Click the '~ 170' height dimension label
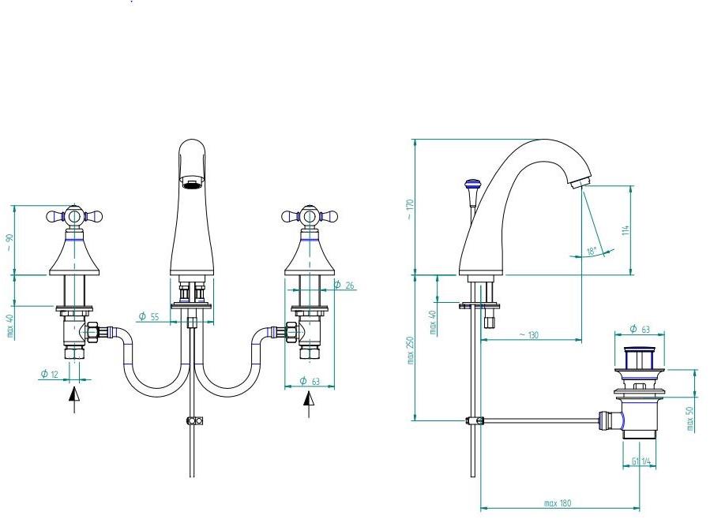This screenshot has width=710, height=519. [410, 209]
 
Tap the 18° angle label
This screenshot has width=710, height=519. [592, 251]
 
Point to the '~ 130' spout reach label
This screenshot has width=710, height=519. [529, 335]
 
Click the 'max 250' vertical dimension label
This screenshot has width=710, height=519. [411, 350]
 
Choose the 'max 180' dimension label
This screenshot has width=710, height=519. [558, 503]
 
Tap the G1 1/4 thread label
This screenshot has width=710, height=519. [641, 461]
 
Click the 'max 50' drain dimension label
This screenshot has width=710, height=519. [690, 419]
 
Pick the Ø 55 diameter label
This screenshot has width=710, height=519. [149, 316]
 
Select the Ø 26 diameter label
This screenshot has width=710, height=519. [344, 285]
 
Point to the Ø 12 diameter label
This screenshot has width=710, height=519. [49, 374]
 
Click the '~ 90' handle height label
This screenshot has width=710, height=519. [10, 243]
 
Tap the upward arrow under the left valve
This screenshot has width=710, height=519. [74, 399]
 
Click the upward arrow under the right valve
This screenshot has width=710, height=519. [309, 404]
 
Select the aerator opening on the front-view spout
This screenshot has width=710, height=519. [192, 183]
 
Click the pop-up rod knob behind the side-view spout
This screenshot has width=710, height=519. [471, 185]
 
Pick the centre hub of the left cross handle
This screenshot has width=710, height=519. [73, 216]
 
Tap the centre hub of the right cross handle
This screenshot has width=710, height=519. [309, 216]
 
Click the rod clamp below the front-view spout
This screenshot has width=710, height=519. [195, 421]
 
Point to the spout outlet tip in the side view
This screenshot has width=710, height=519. [580, 183]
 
